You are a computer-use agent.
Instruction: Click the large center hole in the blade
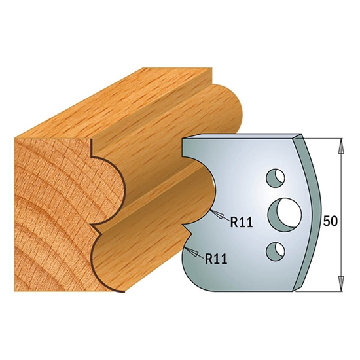(285, 212)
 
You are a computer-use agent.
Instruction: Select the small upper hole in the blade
(276, 179)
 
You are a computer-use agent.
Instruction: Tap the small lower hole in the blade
(276, 251)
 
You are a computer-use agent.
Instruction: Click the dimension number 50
(330, 221)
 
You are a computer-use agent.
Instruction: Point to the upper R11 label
(242, 222)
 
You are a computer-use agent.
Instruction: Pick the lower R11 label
(216, 259)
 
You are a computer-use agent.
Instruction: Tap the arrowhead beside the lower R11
(192, 252)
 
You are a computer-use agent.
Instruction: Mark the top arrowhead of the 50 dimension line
(341, 146)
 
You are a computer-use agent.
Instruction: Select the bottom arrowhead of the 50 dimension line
(341, 283)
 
